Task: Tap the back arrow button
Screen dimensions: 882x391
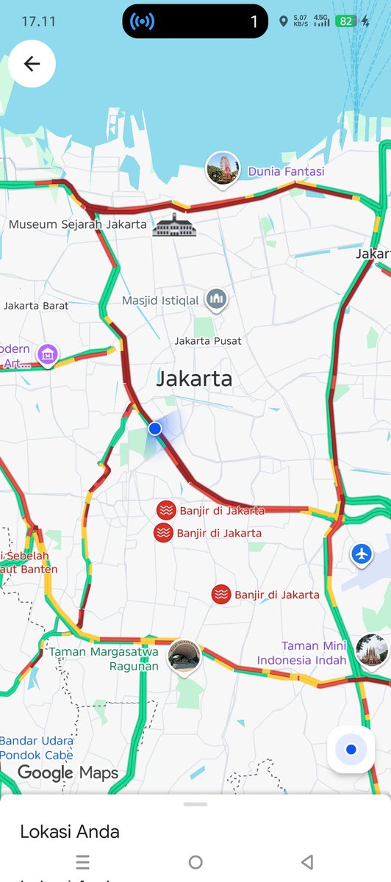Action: pyautogui.click(x=32, y=64)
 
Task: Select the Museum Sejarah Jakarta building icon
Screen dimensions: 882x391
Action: pyautogui.click(x=174, y=225)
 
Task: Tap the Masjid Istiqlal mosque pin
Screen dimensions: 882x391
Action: pyautogui.click(x=215, y=299)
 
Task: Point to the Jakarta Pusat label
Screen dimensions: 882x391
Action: pyautogui.click(x=208, y=341)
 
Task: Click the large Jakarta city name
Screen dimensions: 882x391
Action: pyautogui.click(x=194, y=379)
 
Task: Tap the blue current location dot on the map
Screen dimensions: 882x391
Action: pyautogui.click(x=154, y=429)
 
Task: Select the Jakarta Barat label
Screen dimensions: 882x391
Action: pyautogui.click(x=36, y=306)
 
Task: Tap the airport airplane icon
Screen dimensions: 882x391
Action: pyautogui.click(x=361, y=553)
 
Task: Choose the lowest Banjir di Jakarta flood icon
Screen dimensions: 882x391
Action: pyautogui.click(x=221, y=595)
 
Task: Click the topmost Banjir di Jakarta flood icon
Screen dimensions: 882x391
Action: pyautogui.click(x=167, y=510)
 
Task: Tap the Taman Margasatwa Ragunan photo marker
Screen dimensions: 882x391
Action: pyautogui.click(x=183, y=654)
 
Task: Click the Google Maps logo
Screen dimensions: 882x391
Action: pyautogui.click(x=68, y=772)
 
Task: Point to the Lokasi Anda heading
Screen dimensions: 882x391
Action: pyautogui.click(x=70, y=831)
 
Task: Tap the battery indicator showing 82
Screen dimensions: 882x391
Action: pyautogui.click(x=346, y=21)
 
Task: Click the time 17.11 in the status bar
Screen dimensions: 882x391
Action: pyautogui.click(x=38, y=21)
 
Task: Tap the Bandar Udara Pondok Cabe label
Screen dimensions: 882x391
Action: pyautogui.click(x=37, y=747)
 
